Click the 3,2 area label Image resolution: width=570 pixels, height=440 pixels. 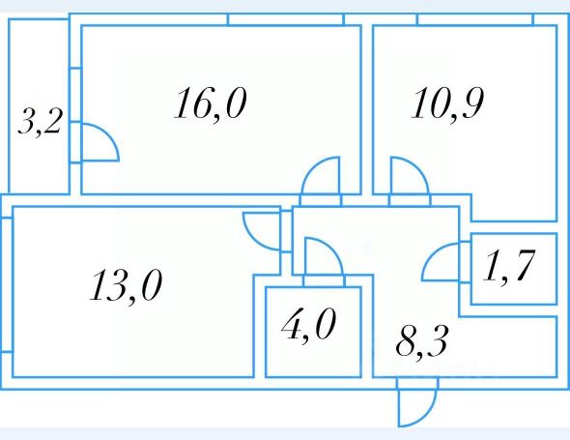pyautogui.click(x=40, y=122)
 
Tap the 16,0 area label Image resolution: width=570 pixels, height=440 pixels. pyautogui.click(x=211, y=104)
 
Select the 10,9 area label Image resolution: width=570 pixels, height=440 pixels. pyautogui.click(x=447, y=104)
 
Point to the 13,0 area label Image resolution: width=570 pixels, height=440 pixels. pyautogui.click(x=126, y=286)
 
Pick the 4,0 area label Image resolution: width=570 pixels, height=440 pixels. pyautogui.click(x=308, y=324)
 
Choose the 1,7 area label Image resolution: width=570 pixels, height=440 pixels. pyautogui.click(x=509, y=266)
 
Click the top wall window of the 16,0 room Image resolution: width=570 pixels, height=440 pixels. pyautogui.click(x=286, y=19)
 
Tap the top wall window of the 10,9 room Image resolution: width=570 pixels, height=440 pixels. pyautogui.click(x=475, y=19)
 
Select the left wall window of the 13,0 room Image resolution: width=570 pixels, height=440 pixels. pyautogui.click(x=7, y=284)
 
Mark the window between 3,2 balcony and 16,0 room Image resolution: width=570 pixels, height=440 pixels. pyautogui.click(x=75, y=95)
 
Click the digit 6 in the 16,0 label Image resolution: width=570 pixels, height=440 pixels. pyautogui.click(x=200, y=103)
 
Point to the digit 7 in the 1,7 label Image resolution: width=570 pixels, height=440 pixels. pyautogui.click(x=524, y=266)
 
